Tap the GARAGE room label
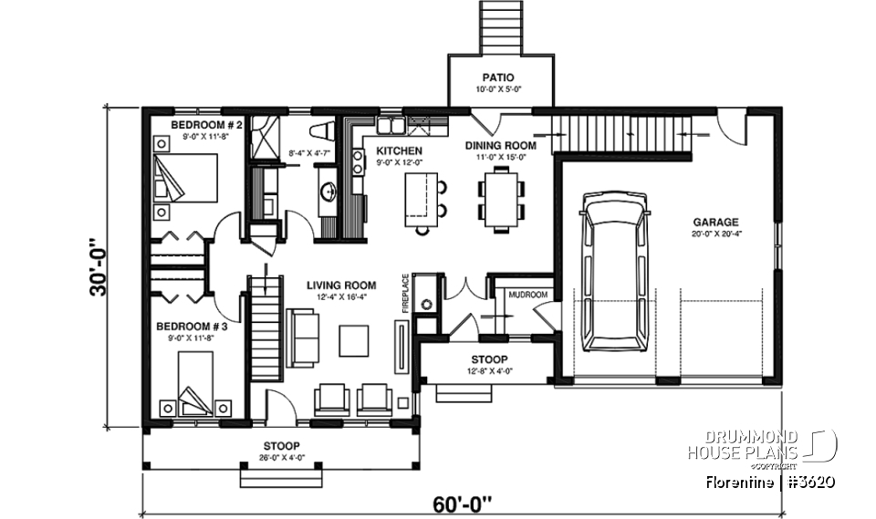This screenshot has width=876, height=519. point(715,222)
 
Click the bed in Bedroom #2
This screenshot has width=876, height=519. point(186,177)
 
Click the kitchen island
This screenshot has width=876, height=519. point(421,199)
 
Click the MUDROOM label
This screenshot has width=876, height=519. point(527,295)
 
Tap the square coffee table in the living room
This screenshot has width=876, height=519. point(356,341)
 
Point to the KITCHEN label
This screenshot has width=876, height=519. point(400,150)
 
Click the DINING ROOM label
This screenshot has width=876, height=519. point(501,145)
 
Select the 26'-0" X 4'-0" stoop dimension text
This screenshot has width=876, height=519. point(280,457)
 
